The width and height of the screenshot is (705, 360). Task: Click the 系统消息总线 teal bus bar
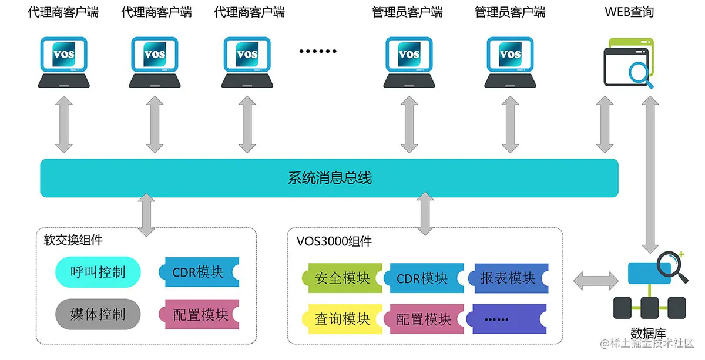pos(329,178)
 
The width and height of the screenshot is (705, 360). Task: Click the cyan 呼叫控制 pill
pos(98,272)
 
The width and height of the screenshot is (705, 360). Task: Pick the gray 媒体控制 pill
pos(98,314)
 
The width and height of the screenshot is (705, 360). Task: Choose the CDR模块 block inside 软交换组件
pos(198,272)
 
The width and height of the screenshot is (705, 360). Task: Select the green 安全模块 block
pos(342,278)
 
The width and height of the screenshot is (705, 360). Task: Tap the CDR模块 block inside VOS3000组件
pos(422,278)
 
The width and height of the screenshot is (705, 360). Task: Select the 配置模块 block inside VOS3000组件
pos(423,319)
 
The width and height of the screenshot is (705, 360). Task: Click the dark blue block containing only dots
pos(506,319)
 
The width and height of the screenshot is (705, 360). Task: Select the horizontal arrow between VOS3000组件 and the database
pos(595,280)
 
